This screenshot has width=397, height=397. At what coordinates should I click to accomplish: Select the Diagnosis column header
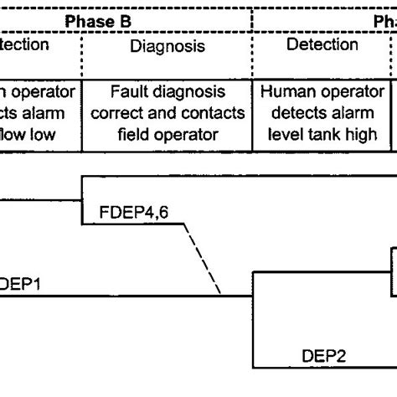point(168,47)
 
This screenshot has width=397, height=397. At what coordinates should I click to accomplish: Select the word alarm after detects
point(343,112)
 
